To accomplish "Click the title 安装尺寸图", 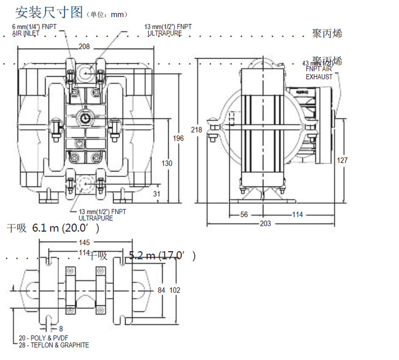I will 48,12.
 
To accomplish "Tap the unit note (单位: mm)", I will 108,15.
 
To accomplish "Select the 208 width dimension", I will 84,47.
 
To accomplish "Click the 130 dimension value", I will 167,163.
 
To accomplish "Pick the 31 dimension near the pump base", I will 156,194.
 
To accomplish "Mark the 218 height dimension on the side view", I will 197,130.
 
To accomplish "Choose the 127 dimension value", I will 342,160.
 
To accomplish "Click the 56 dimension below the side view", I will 244,214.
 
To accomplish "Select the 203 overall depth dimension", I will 265,223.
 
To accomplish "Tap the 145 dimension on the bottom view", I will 85,242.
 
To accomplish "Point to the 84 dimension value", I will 162,290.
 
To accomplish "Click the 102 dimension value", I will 175,290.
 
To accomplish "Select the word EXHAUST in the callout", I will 319,77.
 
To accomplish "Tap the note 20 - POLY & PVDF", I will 43,338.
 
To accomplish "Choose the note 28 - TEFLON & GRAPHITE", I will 54,345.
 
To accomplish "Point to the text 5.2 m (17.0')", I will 162,256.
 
